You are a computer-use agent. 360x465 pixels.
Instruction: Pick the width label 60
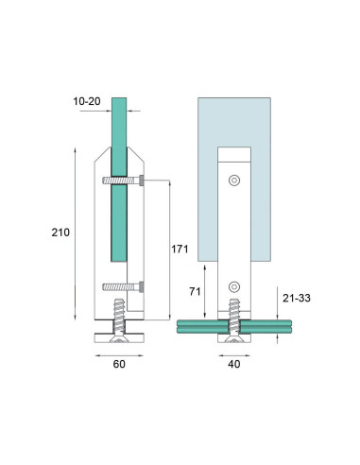tap(119, 362)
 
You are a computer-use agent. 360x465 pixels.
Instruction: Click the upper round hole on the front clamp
tap(234, 180)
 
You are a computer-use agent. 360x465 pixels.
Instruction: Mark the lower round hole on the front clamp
tap(234, 284)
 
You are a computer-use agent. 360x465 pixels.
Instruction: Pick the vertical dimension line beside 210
tap(75, 232)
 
